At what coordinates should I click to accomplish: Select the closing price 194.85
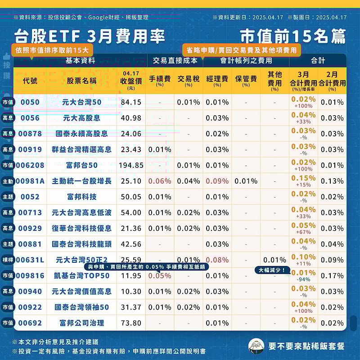coord(131,165)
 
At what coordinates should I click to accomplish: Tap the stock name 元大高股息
coord(81,118)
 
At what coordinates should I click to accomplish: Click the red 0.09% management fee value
coord(217,181)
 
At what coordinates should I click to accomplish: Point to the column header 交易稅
coord(189,79)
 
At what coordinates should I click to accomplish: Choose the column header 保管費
coord(246,79)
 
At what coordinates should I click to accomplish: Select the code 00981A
coord(30,181)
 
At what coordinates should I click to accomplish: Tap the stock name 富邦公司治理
coord(81,323)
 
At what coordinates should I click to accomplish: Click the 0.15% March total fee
coord(303,179)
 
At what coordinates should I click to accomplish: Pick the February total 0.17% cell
coord(332,275)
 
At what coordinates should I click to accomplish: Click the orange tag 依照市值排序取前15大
coord(52,50)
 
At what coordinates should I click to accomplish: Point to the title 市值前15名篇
coord(292,36)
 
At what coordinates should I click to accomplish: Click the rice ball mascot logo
coord(256,346)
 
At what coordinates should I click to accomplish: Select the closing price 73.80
coord(131,323)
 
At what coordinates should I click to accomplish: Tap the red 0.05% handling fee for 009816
coord(160,276)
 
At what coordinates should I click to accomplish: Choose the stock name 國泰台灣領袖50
coord(81,307)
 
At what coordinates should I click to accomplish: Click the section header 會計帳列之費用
coord(246,60)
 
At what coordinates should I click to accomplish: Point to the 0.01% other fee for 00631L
coord(274,260)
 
